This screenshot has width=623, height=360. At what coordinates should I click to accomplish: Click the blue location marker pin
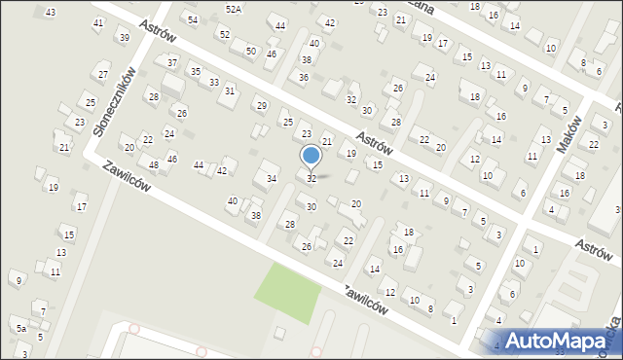[x=311, y=157]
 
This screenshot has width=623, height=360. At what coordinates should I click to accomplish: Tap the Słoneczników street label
[x=112, y=101]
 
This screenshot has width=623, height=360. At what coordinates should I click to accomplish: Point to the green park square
[x=288, y=293]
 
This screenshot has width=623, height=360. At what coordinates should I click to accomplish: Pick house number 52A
[x=234, y=9]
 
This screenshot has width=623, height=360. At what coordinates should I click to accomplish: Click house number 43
[x=51, y=12]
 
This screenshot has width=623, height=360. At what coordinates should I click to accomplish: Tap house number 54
[x=193, y=19]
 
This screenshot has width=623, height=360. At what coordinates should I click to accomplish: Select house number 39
[x=123, y=37]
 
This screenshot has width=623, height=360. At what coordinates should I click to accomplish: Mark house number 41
[x=98, y=22]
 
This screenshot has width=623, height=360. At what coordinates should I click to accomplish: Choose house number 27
[x=103, y=74]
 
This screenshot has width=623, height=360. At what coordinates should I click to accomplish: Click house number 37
[x=172, y=62]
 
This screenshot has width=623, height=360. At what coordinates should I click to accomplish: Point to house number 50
[x=250, y=51]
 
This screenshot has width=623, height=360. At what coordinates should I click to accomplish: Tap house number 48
[x=154, y=164]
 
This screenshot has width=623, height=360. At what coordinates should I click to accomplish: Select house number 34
[x=273, y=178]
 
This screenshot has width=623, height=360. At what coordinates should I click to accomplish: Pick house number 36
[x=304, y=77]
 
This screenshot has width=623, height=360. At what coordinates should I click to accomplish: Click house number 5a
[x=19, y=329]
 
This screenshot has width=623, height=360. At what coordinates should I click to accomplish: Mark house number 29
[x=260, y=105]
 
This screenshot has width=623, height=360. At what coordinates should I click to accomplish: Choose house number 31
[x=230, y=90]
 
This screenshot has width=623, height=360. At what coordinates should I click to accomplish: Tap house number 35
[x=196, y=71]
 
